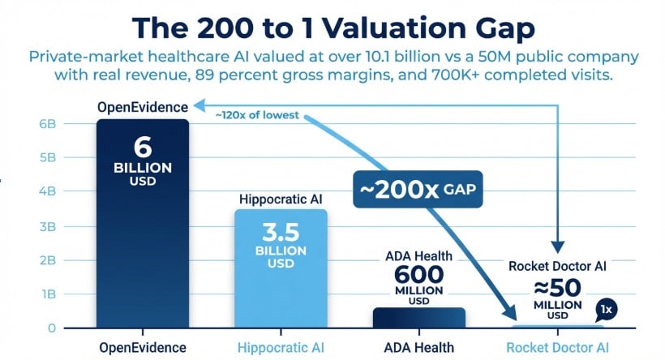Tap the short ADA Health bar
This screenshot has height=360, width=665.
coord(418,318)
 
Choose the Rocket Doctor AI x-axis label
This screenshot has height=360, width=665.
coord(557,347)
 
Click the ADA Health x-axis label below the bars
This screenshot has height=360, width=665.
coord(418,347)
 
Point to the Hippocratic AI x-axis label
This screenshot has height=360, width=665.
coord(281,347)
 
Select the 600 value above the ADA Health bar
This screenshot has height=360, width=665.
coord(419,276)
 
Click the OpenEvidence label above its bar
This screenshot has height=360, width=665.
coord(143,106)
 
